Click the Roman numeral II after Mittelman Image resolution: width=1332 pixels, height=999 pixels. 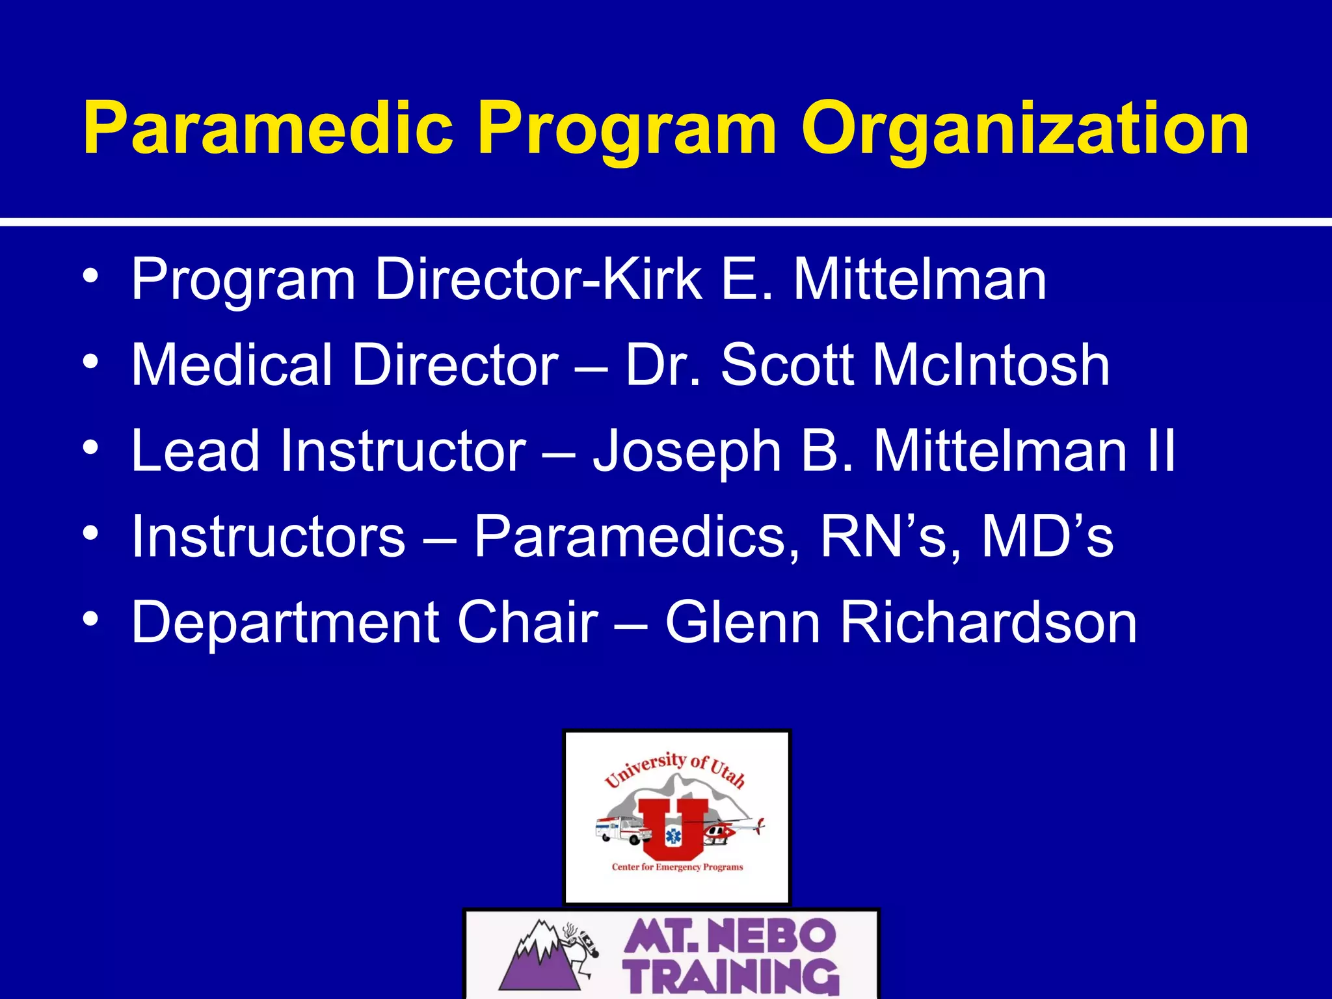(x=1161, y=451)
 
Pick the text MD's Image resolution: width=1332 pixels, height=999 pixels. (x=1046, y=537)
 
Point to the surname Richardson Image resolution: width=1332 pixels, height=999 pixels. (x=989, y=622)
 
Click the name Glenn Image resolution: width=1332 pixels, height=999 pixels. (x=742, y=622)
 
